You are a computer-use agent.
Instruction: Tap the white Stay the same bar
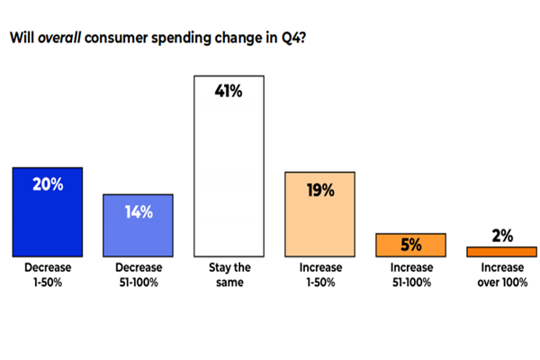coord(229,180)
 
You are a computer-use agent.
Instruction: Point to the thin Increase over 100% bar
coord(502,252)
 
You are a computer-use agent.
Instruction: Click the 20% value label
coord(48,184)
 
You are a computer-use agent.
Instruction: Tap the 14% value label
coord(139,212)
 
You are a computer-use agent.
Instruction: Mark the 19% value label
coord(320,190)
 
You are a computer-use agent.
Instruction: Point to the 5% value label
coord(411,243)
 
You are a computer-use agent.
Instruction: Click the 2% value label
coord(502,236)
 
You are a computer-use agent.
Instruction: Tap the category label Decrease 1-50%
coord(48,275)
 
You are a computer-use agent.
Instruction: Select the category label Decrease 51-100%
coord(139,275)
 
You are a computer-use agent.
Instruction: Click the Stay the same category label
coord(229,275)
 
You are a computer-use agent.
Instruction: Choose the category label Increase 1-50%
coord(320,275)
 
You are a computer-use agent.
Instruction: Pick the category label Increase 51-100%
coord(411,275)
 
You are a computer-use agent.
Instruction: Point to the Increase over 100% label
coord(502,275)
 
